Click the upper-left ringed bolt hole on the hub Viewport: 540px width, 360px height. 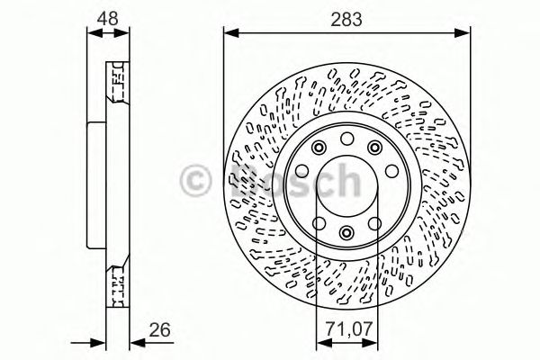tap(318, 148)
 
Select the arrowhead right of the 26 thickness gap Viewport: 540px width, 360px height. tap(136, 341)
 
